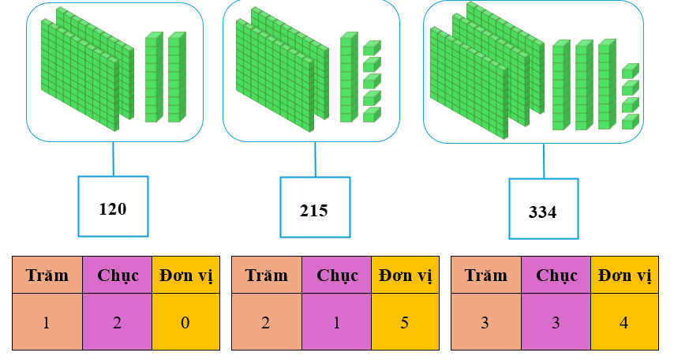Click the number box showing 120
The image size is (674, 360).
[x=112, y=207]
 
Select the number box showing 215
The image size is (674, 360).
[x=314, y=209]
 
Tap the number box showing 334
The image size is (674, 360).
[x=543, y=210]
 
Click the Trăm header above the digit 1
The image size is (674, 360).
[x=47, y=276]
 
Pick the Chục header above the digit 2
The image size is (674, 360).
[x=117, y=276]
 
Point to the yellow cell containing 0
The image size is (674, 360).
[x=185, y=323]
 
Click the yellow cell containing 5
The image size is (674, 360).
[x=404, y=323]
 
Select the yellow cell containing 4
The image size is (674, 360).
[x=624, y=323]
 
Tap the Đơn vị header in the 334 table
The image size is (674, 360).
[x=624, y=276]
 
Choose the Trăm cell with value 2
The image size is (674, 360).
[x=266, y=323]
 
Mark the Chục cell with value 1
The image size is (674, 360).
[x=336, y=323]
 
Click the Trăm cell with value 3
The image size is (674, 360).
[x=485, y=323]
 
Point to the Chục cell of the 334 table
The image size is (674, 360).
[x=556, y=323]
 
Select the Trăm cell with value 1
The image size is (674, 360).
[x=47, y=323]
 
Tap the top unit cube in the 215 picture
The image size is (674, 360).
[x=371, y=48]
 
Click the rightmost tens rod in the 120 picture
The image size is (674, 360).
[x=176, y=77]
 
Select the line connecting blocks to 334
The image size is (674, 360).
[x=543, y=161]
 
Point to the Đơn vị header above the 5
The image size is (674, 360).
[x=404, y=276]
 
